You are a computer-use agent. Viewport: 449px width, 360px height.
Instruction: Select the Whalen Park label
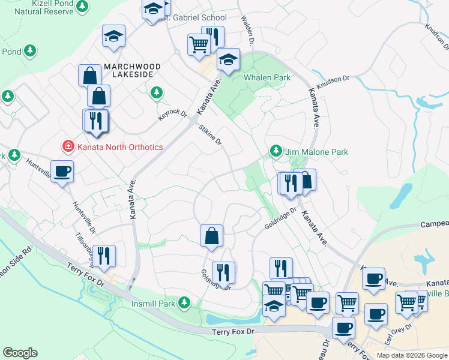coord(267,77)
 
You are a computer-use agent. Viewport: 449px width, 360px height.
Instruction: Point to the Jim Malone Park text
coord(317,152)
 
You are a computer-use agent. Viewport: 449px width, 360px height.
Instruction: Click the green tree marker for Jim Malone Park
coord(276,150)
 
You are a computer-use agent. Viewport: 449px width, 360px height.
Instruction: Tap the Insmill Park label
coord(153,304)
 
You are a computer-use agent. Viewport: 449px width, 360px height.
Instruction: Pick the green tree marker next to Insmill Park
coord(185,302)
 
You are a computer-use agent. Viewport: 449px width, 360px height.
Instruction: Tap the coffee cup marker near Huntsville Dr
coord(62,171)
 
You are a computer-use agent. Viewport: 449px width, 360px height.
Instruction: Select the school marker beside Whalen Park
coord(228,59)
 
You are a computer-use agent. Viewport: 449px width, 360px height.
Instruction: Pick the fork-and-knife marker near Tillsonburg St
coord(104,255)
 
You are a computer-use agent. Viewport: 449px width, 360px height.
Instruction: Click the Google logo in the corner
coord(20,353)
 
